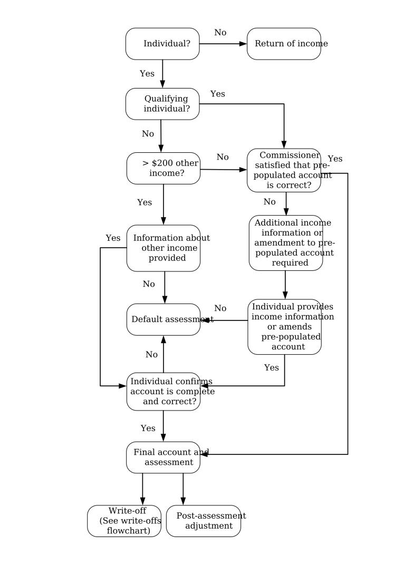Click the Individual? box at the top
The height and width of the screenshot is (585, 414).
pos(162,44)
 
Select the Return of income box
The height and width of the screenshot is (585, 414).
pos(284,44)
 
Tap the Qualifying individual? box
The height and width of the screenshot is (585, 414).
pos(162,104)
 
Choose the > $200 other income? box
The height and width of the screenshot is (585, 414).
pos(163,169)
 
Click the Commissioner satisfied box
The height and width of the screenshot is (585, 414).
pos(284,170)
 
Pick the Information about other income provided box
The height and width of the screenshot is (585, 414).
pos(163,248)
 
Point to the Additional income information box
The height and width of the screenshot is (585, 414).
pos(285,243)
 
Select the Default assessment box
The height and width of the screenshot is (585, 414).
pos(163,319)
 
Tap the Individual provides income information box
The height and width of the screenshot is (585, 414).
pos(285,327)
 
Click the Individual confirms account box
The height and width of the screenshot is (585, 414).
pos(163,391)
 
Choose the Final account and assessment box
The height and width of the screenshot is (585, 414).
pos(163,457)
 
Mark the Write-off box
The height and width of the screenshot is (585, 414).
pos(124,521)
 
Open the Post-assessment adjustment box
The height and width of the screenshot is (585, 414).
pos(204,521)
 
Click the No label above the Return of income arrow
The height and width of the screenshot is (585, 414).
pos(220,33)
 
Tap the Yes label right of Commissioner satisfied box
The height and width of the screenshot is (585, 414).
pos(335,159)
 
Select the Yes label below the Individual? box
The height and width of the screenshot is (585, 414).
pos(147,73)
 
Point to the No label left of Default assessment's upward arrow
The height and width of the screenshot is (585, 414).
pos(151,355)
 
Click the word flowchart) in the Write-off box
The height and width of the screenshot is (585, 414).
pos(128,531)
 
